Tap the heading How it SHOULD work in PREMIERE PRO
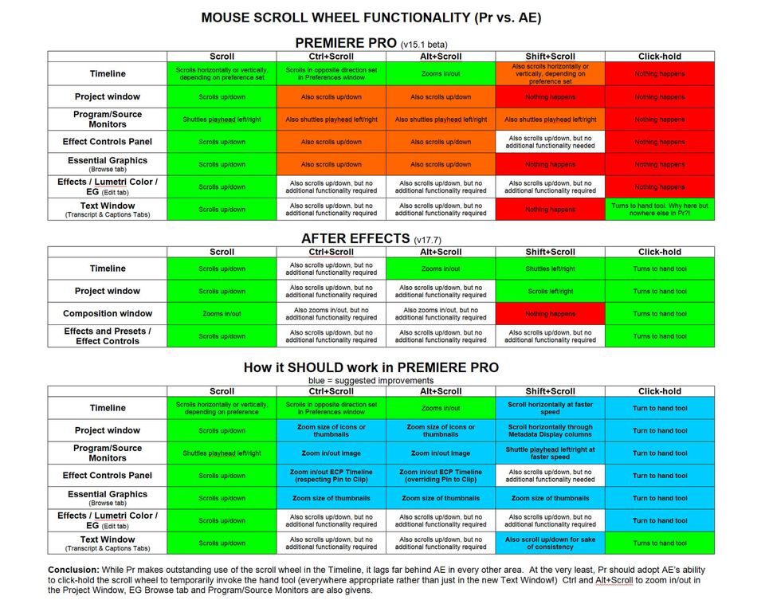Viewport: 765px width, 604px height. [x=371, y=367]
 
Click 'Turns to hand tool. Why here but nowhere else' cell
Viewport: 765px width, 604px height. [x=659, y=210]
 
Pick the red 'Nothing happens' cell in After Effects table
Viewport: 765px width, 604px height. [x=550, y=314]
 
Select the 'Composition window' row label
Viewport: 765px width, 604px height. [x=108, y=314]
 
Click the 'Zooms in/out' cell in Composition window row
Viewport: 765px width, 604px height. [x=222, y=314]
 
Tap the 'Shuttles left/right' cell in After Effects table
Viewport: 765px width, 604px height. [x=550, y=269]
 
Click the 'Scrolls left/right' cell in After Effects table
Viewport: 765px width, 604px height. [x=550, y=292]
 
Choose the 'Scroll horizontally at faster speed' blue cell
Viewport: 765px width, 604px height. [x=550, y=408]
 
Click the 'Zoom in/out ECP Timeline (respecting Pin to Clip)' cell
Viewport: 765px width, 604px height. [x=331, y=476]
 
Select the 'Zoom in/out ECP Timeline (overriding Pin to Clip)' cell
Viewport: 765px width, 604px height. [x=441, y=476]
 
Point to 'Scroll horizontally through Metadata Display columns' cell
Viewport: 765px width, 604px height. [x=550, y=430]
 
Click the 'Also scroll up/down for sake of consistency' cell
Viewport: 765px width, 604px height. [x=550, y=543]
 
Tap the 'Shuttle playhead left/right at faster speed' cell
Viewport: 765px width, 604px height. [x=550, y=453]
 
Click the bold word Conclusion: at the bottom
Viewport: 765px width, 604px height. [x=74, y=571]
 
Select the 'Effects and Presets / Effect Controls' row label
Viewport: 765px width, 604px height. [x=108, y=336]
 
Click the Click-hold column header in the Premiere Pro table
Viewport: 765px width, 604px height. [x=659, y=57]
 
